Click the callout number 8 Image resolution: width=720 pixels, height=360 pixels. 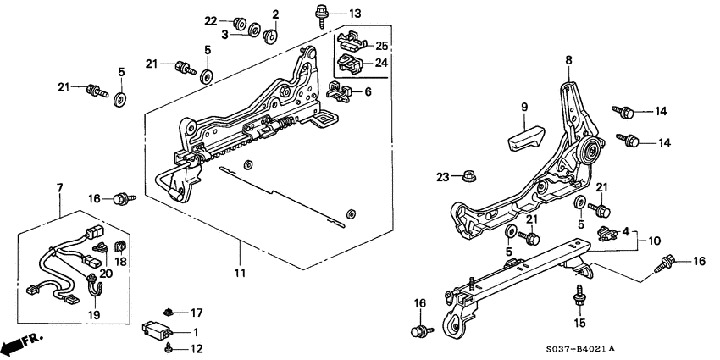click(x=568, y=59)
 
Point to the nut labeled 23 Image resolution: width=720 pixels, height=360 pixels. click(x=468, y=177)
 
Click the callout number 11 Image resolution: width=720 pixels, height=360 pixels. click(x=240, y=274)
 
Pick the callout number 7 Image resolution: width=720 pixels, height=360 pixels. click(x=58, y=186)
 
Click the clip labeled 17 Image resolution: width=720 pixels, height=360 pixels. click(x=170, y=312)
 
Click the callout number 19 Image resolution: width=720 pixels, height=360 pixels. click(x=94, y=314)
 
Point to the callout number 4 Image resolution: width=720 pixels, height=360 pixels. click(x=625, y=230)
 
